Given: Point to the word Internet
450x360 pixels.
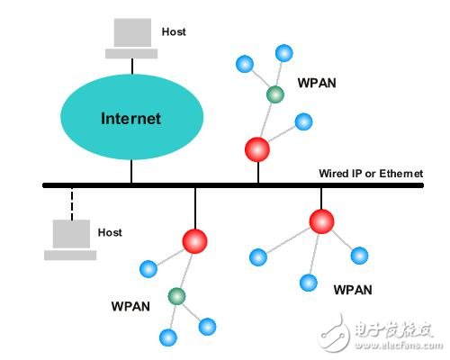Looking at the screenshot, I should (130, 118).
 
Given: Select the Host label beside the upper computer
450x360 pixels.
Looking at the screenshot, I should (174, 31).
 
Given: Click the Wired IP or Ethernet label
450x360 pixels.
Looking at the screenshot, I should (370, 173).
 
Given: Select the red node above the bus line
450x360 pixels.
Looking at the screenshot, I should (258, 148).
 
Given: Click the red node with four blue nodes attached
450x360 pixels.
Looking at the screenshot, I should (321, 220).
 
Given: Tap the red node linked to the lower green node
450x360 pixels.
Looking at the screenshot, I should (194, 241).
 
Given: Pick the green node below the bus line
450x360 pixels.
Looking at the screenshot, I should (176, 295).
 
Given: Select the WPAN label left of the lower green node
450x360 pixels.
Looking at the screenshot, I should (131, 306).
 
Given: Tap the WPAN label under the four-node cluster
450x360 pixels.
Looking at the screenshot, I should (352, 290).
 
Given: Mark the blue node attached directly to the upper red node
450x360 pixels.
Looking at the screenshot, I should (303, 121).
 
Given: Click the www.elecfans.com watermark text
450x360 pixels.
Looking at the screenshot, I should (397, 343).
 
